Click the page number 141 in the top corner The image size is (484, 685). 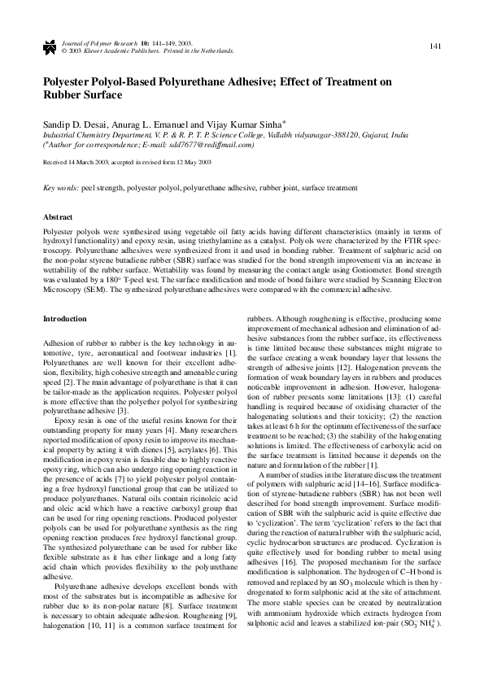click(435, 45)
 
